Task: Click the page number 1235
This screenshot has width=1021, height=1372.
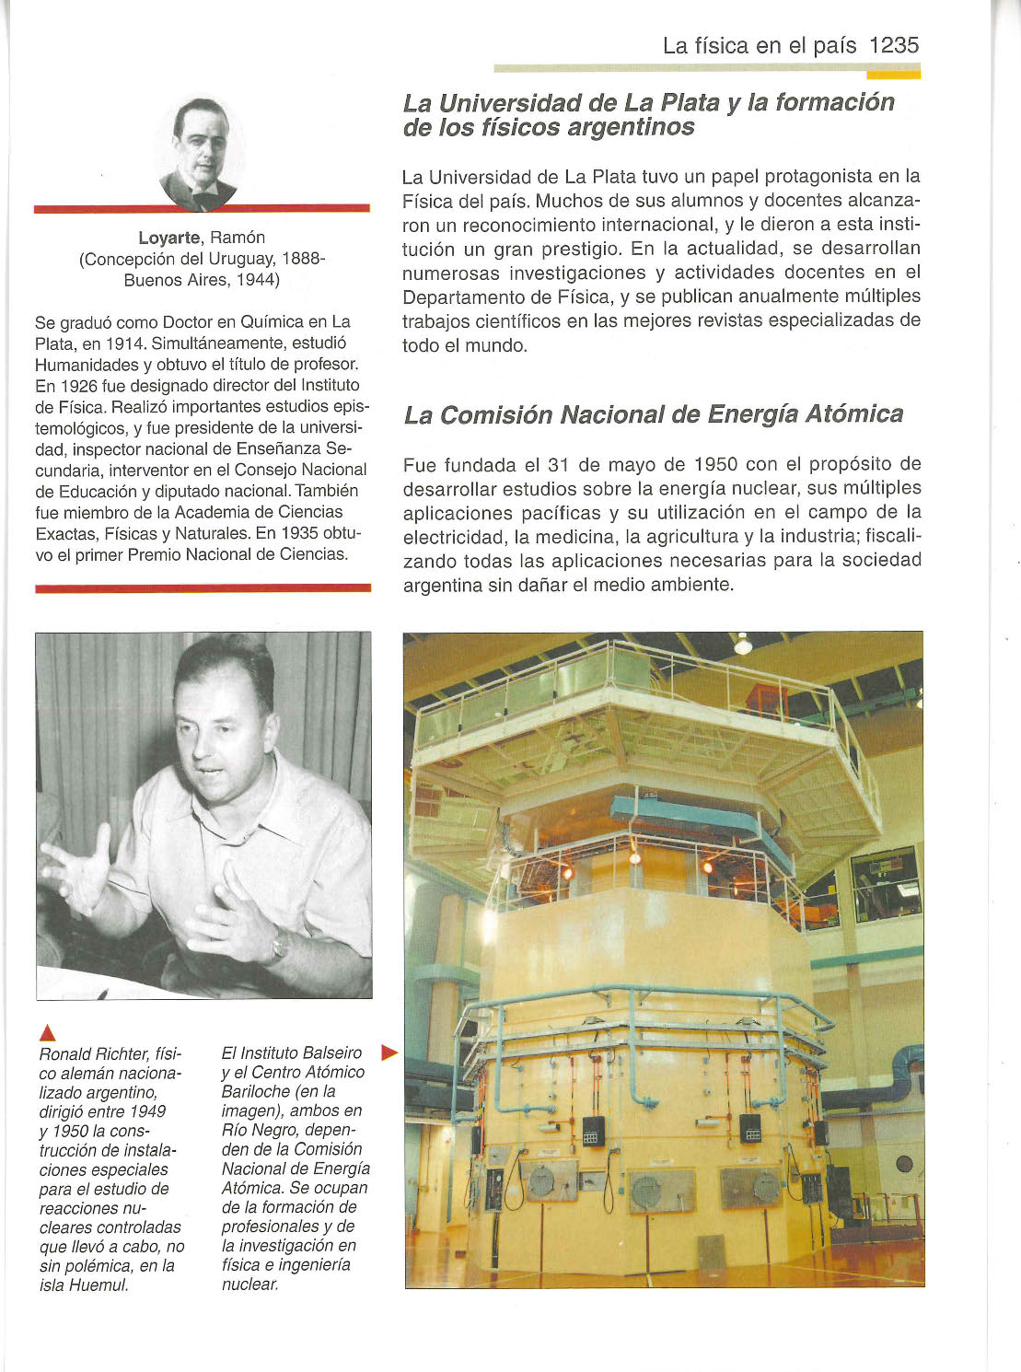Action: pyautogui.click(x=893, y=45)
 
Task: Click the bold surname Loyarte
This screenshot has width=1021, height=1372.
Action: pyautogui.click(x=169, y=238)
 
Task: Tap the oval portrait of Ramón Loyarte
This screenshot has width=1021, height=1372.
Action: pyautogui.click(x=201, y=152)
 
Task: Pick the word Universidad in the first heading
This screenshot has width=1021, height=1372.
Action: pyautogui.click(x=528, y=103)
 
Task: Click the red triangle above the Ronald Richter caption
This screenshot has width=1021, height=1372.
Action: pyautogui.click(x=48, y=1032)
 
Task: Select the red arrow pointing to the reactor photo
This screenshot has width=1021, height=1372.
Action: pyautogui.click(x=389, y=1052)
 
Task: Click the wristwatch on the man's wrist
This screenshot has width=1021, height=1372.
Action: pyautogui.click(x=279, y=944)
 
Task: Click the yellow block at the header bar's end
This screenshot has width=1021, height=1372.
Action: pyautogui.click(x=906, y=73)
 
